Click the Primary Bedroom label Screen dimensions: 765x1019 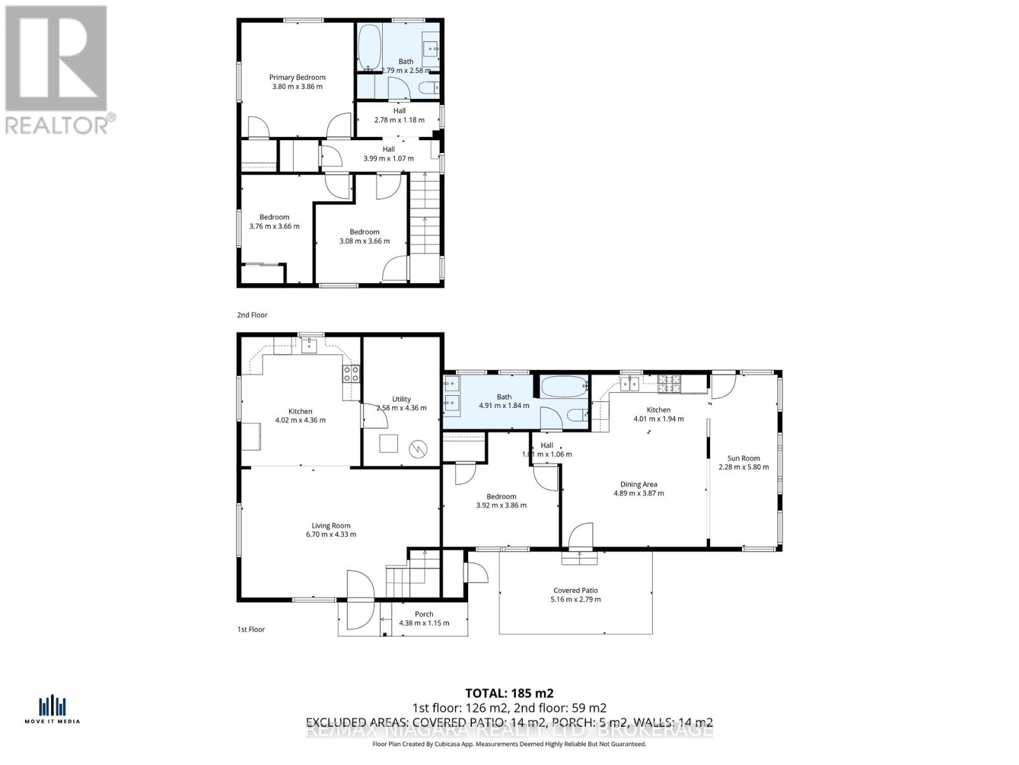click(297, 77)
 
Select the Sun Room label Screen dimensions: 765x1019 click(743, 458)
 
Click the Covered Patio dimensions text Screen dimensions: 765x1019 click(575, 599)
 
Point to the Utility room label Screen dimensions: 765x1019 click(401, 399)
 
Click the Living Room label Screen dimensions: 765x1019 click(331, 525)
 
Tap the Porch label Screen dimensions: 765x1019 click(424, 614)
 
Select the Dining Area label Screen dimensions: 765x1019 click(639, 484)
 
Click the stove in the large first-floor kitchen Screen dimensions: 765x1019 click(351, 374)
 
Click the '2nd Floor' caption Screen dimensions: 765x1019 click(252, 315)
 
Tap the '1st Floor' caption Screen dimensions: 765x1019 click(251, 629)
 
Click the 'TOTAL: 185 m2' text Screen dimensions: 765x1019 click(509, 693)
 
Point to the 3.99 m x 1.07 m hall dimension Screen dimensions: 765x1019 click(388, 158)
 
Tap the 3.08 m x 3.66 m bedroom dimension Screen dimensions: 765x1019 click(364, 241)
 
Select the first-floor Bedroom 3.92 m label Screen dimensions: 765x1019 click(501, 496)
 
